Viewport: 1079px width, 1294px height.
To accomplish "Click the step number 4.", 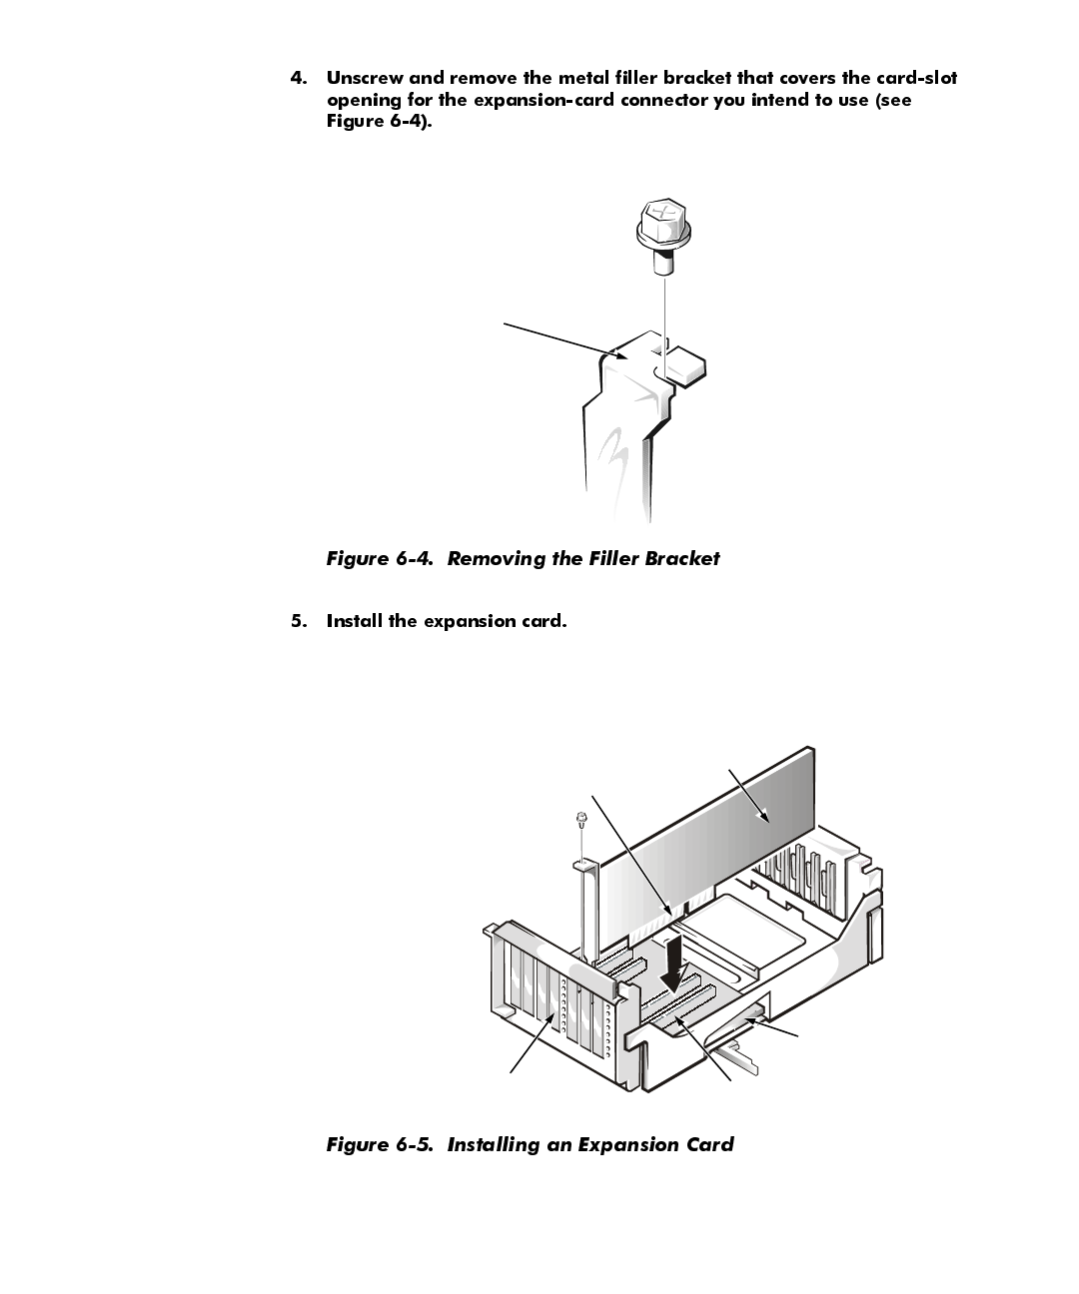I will (x=298, y=78).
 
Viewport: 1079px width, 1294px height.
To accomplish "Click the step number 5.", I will (x=298, y=621).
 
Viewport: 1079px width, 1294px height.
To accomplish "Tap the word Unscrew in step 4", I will (x=364, y=78).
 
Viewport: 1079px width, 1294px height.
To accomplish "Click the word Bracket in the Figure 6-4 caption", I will (x=681, y=559).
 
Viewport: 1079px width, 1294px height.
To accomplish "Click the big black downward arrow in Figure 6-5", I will (x=676, y=964).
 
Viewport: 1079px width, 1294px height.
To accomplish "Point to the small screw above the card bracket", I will (x=579, y=821).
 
